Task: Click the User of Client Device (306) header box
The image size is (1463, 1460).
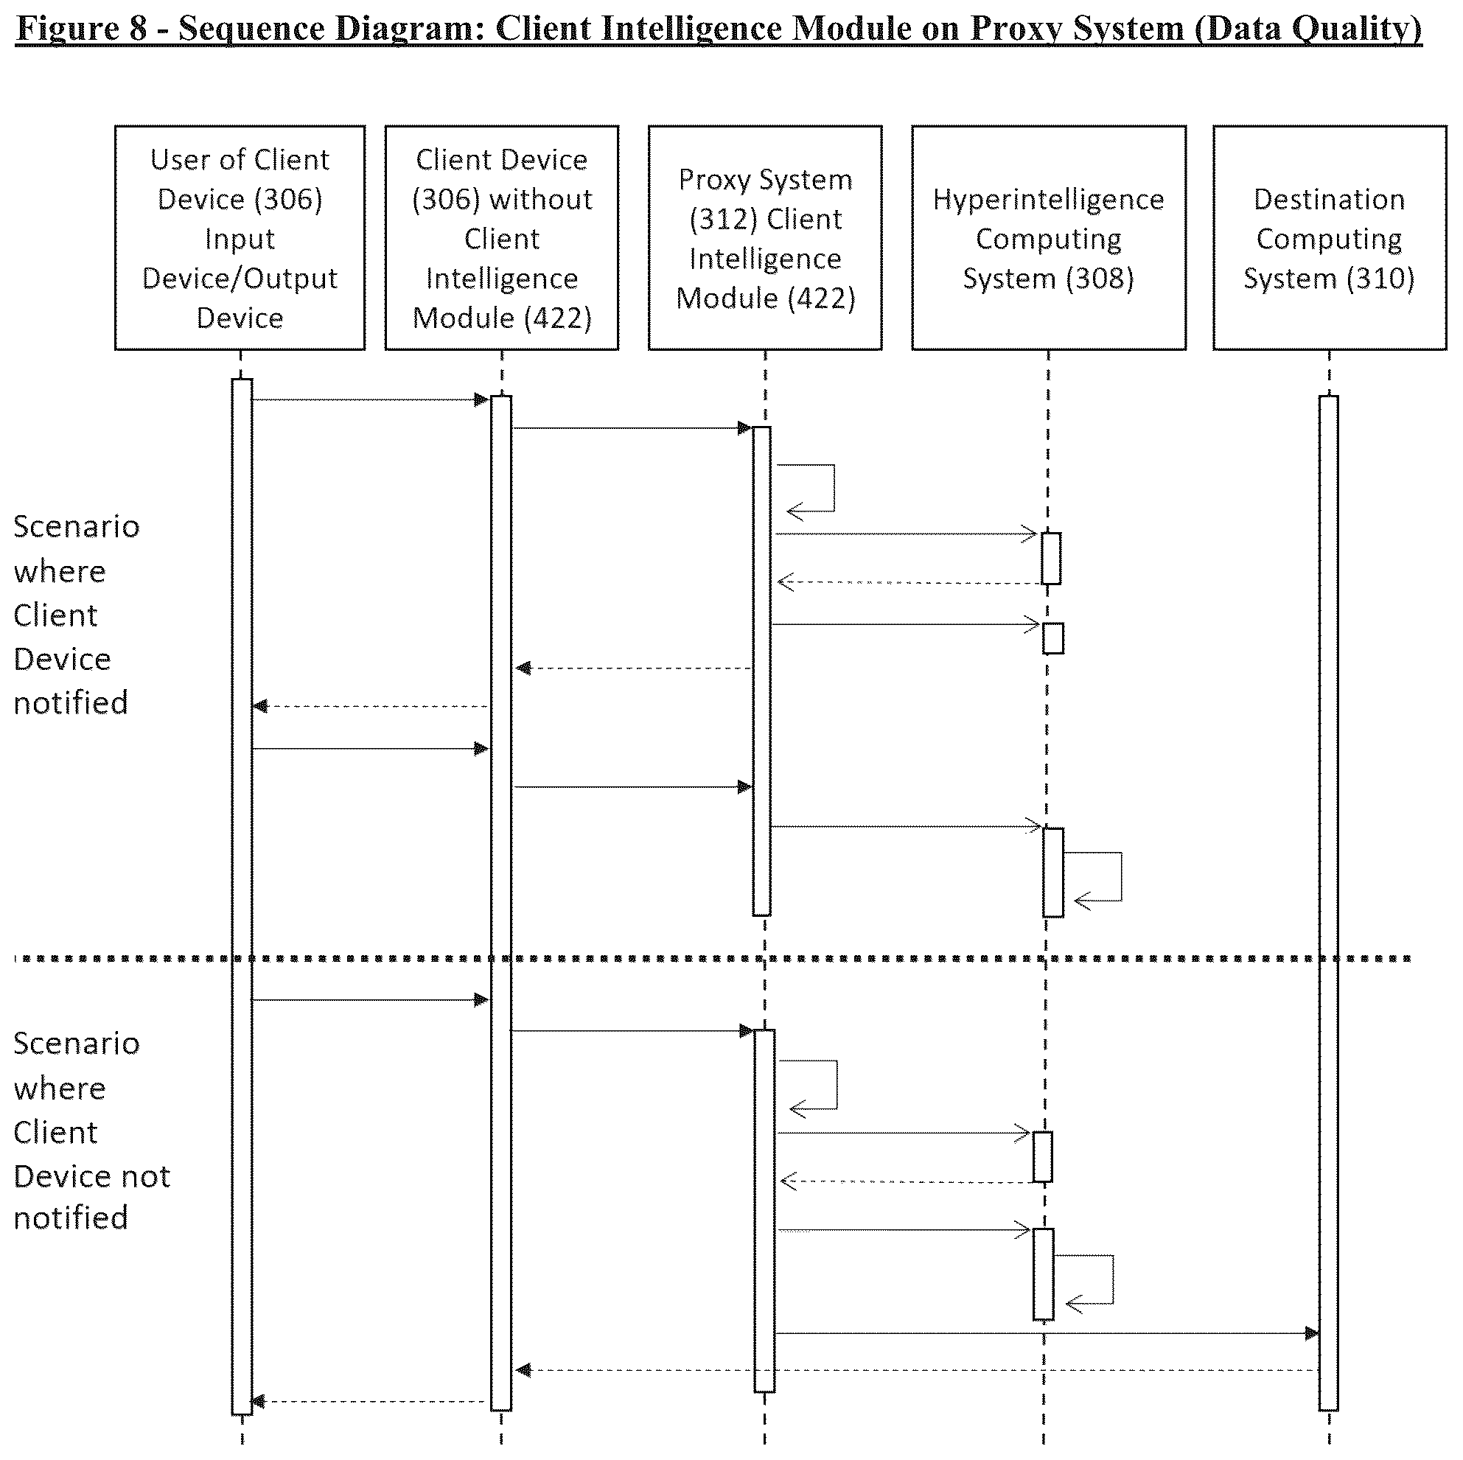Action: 240,238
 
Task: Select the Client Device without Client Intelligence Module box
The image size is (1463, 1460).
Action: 502,238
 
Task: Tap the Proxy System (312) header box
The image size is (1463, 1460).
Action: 766,238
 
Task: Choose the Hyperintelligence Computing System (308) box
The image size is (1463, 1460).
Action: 1049,238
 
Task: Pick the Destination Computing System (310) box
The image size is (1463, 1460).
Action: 1330,238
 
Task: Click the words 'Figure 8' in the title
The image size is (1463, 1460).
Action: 81,29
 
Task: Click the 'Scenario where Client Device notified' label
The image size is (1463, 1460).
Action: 77,615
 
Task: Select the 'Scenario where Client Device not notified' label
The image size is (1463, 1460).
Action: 91,1131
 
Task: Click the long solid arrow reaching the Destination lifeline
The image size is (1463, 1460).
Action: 1047,1333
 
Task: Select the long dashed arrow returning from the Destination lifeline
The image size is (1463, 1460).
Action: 917,1370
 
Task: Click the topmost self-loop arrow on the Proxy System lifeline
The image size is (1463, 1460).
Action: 834,489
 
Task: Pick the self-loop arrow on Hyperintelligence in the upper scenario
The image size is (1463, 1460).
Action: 1121,877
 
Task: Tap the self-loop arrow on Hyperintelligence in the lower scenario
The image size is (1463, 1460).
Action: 1112,1279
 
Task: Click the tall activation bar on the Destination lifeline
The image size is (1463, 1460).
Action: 1328,903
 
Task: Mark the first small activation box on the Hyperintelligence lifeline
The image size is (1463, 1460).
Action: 1051,558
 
